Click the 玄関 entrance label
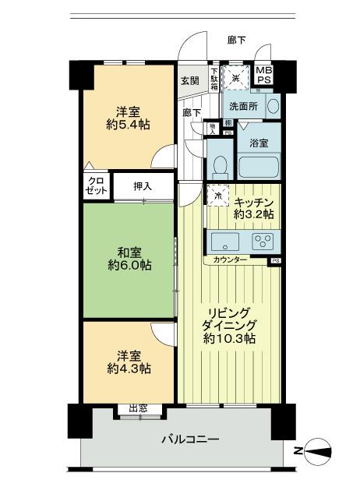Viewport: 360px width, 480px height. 190,81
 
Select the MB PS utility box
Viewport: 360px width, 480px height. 265,76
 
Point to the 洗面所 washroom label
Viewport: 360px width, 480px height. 240,106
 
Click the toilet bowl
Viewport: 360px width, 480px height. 220,166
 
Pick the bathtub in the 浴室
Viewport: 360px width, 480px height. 258,167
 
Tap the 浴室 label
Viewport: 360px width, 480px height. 259,143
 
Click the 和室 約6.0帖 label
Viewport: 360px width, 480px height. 129,258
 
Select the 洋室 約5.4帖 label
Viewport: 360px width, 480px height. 129,117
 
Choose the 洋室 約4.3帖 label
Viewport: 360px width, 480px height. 129,360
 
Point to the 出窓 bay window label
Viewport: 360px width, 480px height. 139,408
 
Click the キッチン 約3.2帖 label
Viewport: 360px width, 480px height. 249,206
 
